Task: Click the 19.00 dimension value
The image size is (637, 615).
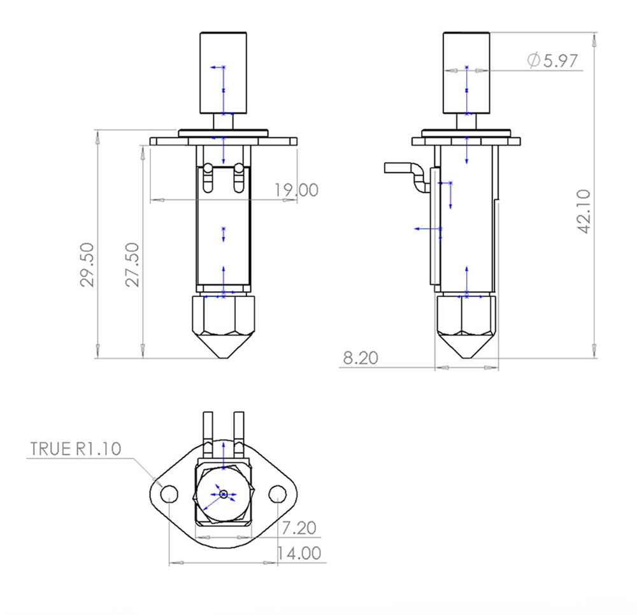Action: (x=296, y=190)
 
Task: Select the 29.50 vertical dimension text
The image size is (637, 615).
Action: (x=88, y=264)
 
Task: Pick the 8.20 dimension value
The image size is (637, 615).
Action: (x=360, y=358)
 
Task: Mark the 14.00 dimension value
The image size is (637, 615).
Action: (x=299, y=553)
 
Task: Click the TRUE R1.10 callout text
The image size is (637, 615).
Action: (x=75, y=448)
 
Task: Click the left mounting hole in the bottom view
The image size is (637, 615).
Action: (x=169, y=494)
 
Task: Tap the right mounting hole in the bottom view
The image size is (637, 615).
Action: (x=277, y=494)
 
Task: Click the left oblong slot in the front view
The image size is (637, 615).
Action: (x=208, y=178)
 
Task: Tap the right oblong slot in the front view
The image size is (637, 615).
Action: (x=239, y=178)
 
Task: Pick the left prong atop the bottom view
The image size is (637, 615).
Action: (x=208, y=427)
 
